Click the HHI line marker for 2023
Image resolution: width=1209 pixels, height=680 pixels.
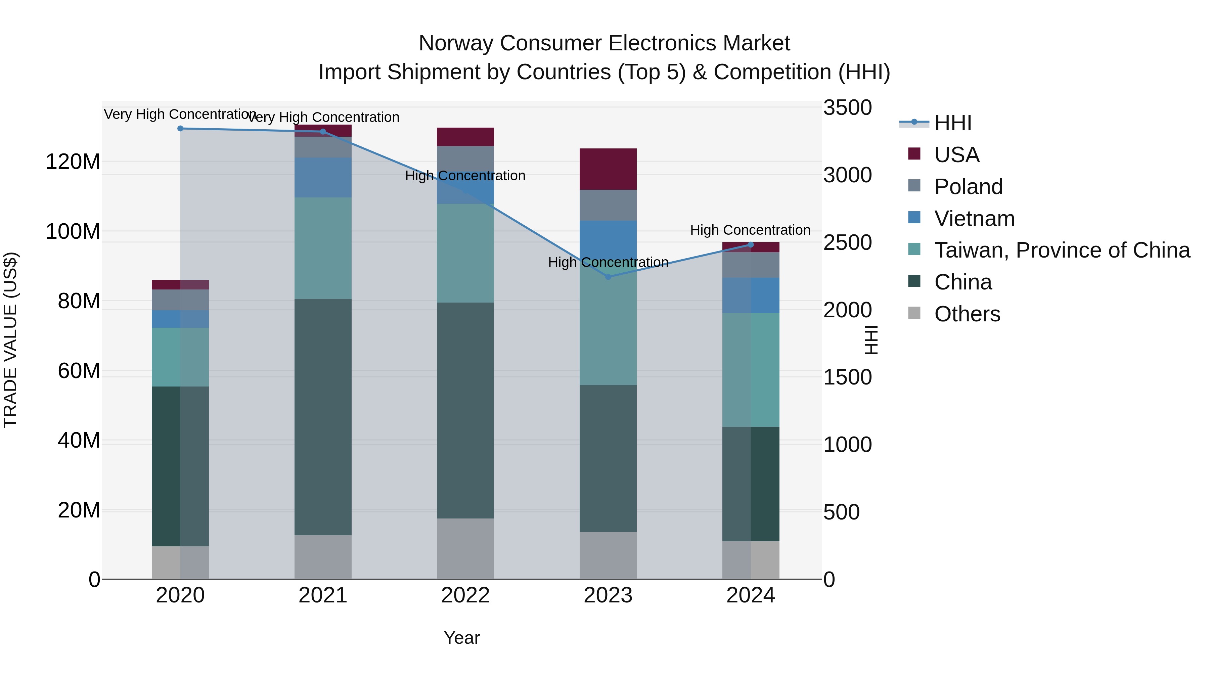tap(608, 277)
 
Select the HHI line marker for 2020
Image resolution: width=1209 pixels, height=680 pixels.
tap(180, 129)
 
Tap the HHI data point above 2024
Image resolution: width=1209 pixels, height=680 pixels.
tap(751, 244)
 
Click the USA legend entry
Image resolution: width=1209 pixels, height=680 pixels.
tap(956, 155)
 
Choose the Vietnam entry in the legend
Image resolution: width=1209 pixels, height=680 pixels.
tap(974, 219)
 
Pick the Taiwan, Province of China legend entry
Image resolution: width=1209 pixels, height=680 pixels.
tap(1062, 250)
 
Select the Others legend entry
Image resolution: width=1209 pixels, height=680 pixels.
tap(967, 314)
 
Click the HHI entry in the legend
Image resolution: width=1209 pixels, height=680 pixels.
tap(952, 123)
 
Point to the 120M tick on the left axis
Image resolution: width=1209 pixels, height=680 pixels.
tap(73, 162)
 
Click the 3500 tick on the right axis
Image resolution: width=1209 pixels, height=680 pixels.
tap(848, 107)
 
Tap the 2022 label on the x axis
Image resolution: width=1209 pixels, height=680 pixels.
tap(465, 595)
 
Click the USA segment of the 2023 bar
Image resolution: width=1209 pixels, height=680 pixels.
tap(608, 169)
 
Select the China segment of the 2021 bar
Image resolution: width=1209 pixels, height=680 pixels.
tap(322, 417)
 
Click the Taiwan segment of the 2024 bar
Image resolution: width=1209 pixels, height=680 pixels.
tap(751, 369)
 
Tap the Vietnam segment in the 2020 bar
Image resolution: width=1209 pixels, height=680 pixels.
tap(180, 319)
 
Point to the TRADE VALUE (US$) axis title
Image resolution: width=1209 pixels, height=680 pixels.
tap(10, 340)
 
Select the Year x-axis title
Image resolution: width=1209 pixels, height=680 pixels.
tap(462, 638)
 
